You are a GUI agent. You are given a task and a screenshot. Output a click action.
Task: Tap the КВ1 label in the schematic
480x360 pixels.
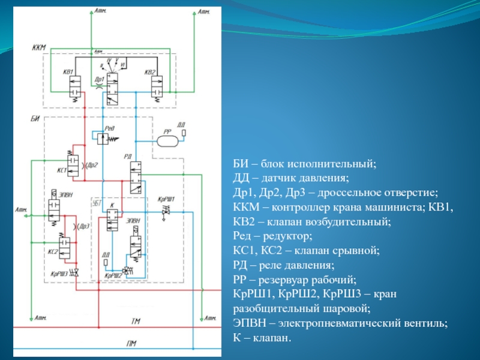coord(67,73)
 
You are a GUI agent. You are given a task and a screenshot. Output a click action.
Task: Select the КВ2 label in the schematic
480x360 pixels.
coord(150,73)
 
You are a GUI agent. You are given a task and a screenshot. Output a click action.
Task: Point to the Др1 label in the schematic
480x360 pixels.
coord(100,79)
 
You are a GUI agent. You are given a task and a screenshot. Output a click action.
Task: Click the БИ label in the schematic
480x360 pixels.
coord(35,118)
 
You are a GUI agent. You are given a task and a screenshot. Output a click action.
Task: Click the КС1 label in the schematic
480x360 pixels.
coord(61,171)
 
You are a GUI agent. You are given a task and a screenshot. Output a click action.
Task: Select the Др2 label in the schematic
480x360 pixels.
coord(91,165)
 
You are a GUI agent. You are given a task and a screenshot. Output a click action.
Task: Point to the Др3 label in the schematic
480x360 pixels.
coord(84,226)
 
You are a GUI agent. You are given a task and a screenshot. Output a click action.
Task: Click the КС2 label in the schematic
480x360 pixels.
coord(53,252)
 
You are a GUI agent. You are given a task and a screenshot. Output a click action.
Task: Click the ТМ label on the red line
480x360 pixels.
coord(136,322)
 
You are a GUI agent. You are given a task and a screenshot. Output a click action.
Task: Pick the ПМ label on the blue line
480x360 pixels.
coord(132,343)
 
